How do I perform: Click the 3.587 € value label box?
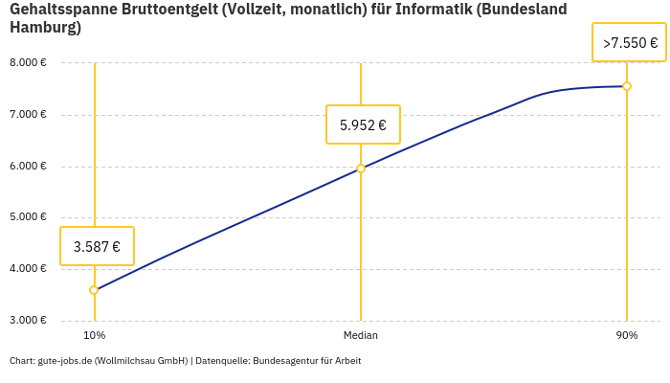pyautogui.click(x=97, y=246)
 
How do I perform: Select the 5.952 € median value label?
pyautogui.click(x=363, y=124)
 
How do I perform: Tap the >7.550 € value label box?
pyautogui.click(x=629, y=43)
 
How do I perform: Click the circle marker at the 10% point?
pyautogui.click(x=94, y=290)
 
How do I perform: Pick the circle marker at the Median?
pyautogui.click(x=361, y=169)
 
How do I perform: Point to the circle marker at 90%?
pyautogui.click(x=627, y=86)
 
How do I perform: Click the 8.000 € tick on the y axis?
pyautogui.click(x=28, y=63)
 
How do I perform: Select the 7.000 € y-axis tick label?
pyautogui.click(x=28, y=115)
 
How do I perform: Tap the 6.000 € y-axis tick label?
pyautogui.click(x=28, y=167)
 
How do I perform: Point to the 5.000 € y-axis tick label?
pyautogui.click(x=28, y=217)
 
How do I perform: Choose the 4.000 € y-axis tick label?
pyautogui.click(x=28, y=269)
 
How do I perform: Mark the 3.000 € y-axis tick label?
pyautogui.click(x=28, y=320)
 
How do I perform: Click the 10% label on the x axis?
pyautogui.click(x=94, y=336)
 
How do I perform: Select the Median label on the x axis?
pyautogui.click(x=361, y=336)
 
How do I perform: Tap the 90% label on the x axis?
pyautogui.click(x=627, y=336)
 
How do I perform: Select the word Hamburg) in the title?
pyautogui.click(x=45, y=28)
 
